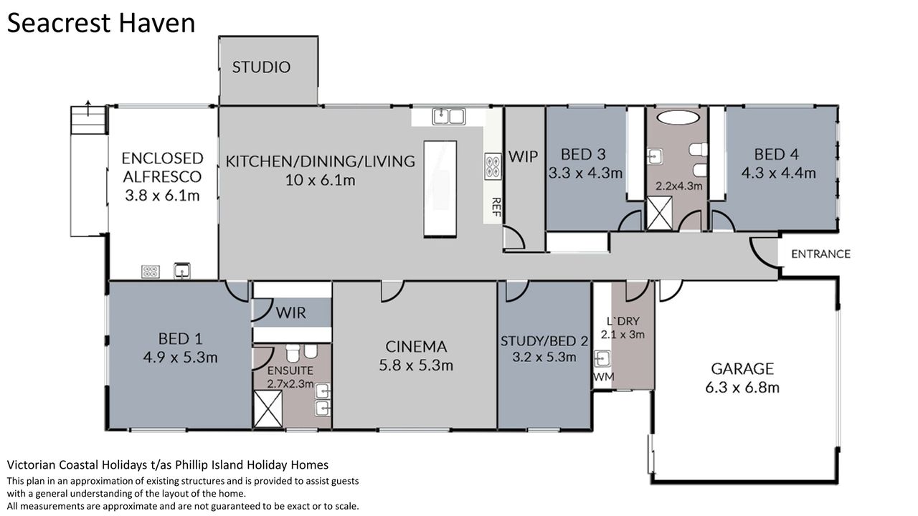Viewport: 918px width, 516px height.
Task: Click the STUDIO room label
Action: (x=261, y=67)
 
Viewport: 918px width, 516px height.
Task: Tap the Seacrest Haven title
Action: (x=101, y=23)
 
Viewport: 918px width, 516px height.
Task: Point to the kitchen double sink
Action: (x=449, y=117)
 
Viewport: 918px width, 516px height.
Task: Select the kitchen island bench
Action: (x=440, y=188)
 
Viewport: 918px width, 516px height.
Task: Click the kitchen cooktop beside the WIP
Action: (x=493, y=166)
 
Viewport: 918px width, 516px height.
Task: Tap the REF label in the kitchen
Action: (x=496, y=207)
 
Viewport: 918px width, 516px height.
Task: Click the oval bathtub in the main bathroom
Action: (x=678, y=117)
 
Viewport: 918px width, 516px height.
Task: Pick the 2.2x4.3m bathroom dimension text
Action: (x=679, y=186)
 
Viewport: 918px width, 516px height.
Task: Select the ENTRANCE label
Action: (x=820, y=254)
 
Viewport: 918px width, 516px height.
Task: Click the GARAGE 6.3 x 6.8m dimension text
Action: (x=742, y=388)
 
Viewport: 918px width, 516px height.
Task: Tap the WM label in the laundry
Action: (x=604, y=377)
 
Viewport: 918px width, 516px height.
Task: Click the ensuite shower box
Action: (x=268, y=409)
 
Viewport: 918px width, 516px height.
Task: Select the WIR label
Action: (x=290, y=313)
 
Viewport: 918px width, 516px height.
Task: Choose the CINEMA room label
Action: (x=416, y=348)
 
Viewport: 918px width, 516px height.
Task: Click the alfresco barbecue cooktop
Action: (x=151, y=272)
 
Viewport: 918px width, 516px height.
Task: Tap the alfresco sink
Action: (x=182, y=271)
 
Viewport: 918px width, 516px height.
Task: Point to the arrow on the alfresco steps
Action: (x=88, y=107)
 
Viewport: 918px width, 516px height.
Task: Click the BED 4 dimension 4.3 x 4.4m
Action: (x=778, y=173)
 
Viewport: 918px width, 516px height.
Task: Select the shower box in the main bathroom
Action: (x=659, y=213)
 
